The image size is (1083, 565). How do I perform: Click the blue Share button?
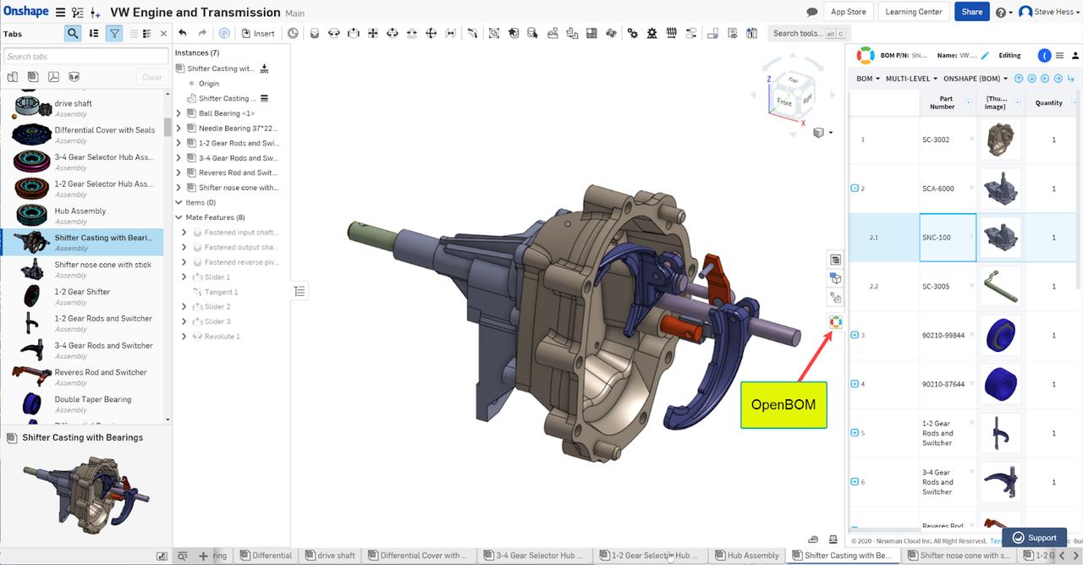pos(971,12)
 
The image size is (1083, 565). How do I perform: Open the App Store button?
pos(848,12)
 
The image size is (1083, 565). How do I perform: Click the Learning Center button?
pos(913,12)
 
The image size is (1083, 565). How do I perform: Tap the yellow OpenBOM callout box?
pos(783,404)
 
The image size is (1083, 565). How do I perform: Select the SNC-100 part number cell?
pos(948,238)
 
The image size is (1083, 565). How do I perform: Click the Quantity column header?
pos(1048,103)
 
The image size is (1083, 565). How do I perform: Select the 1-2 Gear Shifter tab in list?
pos(82,292)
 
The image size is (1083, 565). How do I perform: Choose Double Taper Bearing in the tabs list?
pos(92,399)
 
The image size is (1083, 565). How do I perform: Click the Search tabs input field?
pos(85,57)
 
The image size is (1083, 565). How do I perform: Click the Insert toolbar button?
pos(258,34)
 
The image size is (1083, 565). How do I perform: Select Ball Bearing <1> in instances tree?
pos(226,113)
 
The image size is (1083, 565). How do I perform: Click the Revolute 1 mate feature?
pos(222,337)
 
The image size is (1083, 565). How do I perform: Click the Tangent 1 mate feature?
pos(221,293)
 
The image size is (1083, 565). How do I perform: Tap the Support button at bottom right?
pos(1034,538)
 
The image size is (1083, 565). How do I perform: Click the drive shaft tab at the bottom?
pos(336,556)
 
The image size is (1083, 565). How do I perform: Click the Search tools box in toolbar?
pos(803,34)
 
